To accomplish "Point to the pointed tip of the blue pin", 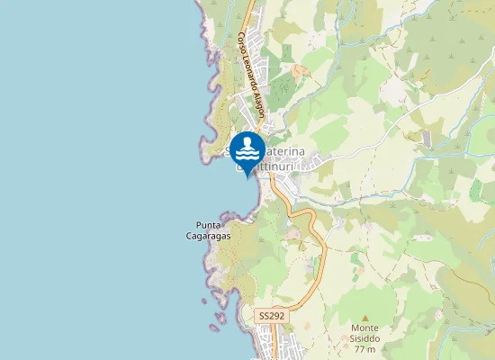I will click(247, 177).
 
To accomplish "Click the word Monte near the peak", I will click(364, 328).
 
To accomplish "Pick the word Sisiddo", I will click(364, 338).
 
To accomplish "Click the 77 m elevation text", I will click(364, 349).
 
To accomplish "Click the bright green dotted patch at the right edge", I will click(475, 190).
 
